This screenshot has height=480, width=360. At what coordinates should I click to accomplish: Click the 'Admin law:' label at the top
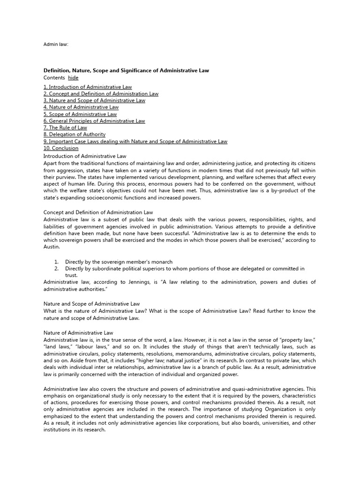pyautogui.click(x=56, y=45)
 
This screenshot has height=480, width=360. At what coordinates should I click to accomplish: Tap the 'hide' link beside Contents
pyautogui.click(x=73, y=77)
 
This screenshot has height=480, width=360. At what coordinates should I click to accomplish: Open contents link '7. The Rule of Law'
pyautogui.click(x=65, y=127)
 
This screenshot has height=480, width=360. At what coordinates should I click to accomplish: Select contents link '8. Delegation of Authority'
pyautogui.click(x=75, y=134)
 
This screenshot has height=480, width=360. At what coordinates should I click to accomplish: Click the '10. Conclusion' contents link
pyautogui.click(x=61, y=148)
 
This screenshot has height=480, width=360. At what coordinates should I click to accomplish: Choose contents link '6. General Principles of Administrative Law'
pyautogui.click(x=94, y=121)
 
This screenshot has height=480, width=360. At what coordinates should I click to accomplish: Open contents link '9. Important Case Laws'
pyautogui.click(x=135, y=141)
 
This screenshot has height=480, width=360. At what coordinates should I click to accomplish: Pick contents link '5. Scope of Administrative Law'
pyautogui.click(x=80, y=114)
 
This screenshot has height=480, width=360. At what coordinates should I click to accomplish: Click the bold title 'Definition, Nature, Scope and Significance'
pyautogui.click(x=126, y=70)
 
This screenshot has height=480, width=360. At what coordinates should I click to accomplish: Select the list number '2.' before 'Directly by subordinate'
pyautogui.click(x=56, y=269)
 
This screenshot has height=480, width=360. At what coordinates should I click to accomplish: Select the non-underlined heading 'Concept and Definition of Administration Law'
pyautogui.click(x=98, y=212)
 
